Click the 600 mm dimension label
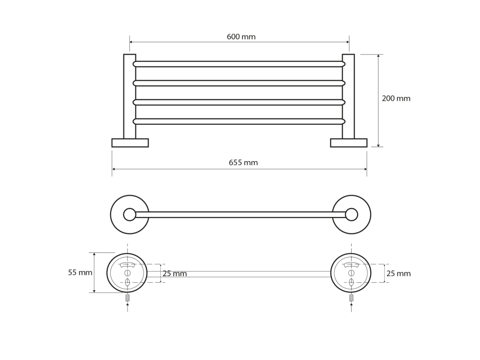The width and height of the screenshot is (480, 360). pos(241,37)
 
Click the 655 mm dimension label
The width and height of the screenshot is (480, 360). pos(243,163)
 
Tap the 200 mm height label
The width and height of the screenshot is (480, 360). pos(396,98)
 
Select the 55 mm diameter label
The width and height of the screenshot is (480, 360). pos(80,272)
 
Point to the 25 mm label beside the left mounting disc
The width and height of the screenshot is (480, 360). pos(174,274)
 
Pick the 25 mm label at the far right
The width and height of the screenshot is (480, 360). pos(398,274)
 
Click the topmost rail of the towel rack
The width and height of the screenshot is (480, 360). pos(239,64)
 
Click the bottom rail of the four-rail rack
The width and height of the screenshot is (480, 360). pos(239,121)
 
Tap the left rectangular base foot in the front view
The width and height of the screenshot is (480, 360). pos(130,143)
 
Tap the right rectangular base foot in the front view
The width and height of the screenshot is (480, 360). pos(349,143)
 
